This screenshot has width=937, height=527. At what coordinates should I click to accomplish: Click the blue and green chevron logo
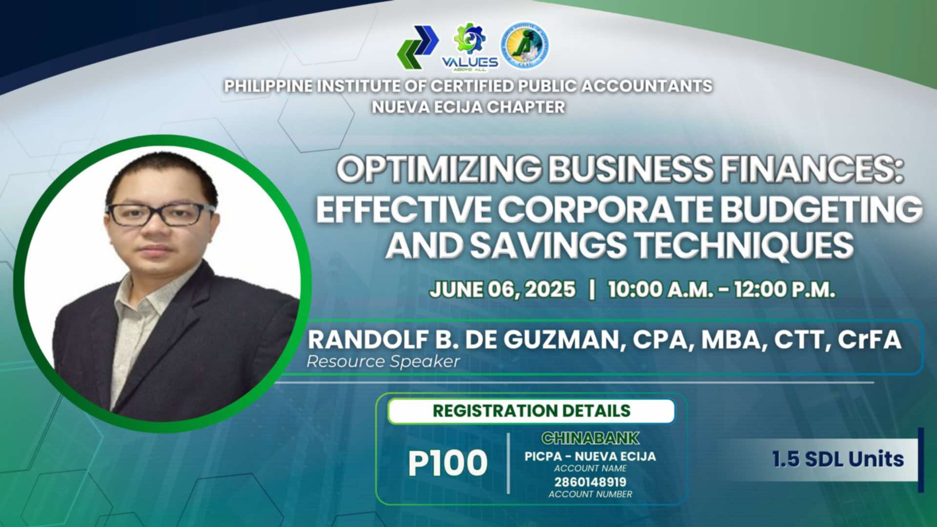418,47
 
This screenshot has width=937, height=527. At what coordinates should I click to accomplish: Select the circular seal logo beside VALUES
525,45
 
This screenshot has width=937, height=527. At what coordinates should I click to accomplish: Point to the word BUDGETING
821,209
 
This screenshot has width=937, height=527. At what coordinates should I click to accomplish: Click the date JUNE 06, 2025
503,289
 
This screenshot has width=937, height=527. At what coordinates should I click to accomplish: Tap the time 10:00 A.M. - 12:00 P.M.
721,289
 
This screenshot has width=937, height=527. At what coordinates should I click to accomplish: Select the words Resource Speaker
383,362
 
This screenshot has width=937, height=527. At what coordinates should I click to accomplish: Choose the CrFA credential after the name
869,340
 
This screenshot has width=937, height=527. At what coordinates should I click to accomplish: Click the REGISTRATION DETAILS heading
531,411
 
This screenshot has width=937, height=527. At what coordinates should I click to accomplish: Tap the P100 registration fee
448,463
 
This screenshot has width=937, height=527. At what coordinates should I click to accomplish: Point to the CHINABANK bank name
590,438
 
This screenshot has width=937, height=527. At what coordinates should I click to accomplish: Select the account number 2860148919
590,482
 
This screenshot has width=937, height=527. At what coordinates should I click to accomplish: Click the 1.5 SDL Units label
838,459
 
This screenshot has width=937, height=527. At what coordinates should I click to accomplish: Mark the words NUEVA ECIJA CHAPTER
468,107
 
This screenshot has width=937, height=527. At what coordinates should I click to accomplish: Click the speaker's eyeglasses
161,214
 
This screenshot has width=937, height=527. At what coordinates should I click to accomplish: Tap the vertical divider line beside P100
509,463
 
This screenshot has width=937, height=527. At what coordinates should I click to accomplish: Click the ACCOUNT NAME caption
590,468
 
